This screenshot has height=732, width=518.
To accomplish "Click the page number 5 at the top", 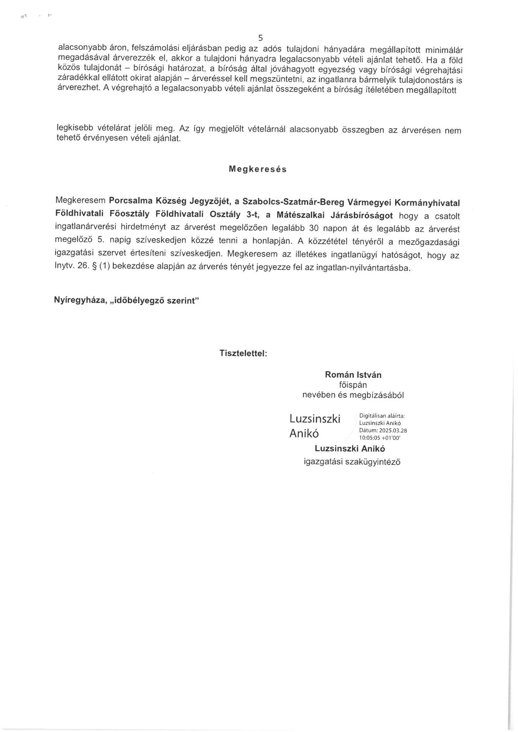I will (x=260, y=38).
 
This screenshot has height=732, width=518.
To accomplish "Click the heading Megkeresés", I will (x=258, y=169).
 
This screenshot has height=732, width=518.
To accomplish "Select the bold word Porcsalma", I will (x=130, y=200).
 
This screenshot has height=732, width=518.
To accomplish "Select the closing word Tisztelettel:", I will (x=243, y=353).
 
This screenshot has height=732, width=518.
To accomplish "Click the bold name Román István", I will (x=353, y=375).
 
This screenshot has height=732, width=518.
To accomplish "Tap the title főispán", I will (x=353, y=385).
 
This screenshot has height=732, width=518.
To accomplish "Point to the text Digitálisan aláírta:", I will (x=382, y=416).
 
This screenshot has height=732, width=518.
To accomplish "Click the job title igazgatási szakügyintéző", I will (x=352, y=462).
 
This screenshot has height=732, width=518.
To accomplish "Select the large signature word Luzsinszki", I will (x=315, y=419).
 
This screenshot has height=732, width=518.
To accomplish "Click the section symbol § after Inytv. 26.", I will (x=94, y=266).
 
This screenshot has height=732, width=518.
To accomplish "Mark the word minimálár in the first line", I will (x=443, y=51).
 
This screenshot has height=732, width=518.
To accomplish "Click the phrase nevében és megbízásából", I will (x=353, y=395).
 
